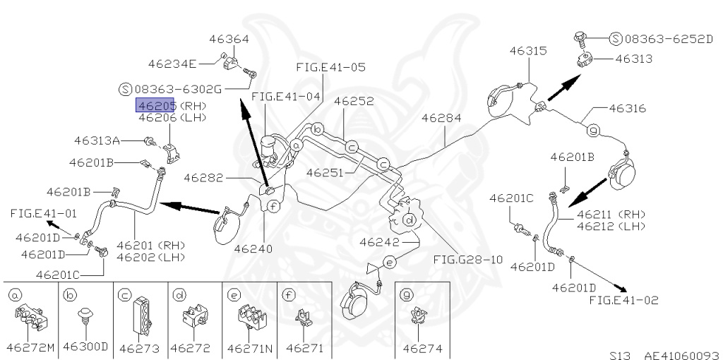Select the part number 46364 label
click(x=229, y=38)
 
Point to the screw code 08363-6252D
click(x=667, y=38)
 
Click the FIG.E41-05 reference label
click(x=330, y=68)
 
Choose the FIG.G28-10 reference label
click(x=467, y=259)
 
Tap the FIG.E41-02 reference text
click(x=623, y=300)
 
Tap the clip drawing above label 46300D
click(x=85, y=314)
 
